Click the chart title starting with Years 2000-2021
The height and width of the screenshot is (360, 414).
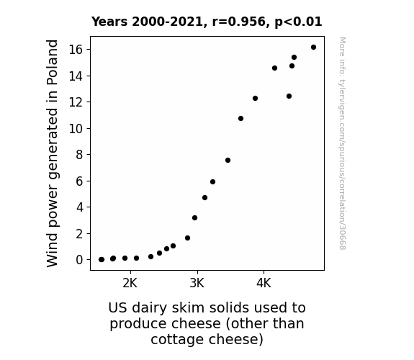207,22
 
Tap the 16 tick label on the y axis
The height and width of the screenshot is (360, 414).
76,50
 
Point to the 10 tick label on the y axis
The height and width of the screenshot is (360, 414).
76,129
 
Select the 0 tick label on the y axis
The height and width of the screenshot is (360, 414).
79,260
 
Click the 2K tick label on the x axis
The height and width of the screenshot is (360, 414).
130,283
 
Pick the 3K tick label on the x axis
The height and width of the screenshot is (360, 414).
197,283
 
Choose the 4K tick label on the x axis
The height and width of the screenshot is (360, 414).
264,283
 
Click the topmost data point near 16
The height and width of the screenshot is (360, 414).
313,48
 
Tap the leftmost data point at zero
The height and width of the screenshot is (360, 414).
101,260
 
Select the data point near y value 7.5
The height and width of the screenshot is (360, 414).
228,161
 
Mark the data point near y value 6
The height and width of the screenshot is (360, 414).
213,181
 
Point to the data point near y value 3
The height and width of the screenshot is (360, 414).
195,218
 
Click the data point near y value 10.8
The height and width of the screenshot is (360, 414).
240,119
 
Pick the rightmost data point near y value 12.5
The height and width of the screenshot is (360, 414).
289,96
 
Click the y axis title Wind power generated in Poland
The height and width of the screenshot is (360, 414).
52,153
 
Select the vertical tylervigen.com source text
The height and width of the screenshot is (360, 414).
343,143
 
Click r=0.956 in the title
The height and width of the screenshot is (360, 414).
239,22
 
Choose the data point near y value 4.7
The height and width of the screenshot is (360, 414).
205,197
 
